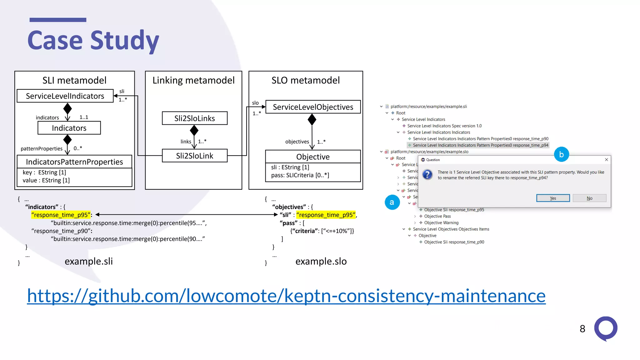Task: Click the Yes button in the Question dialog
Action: (553, 198)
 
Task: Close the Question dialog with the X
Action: (606, 160)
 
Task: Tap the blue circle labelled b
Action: (561, 154)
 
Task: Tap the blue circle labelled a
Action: (392, 202)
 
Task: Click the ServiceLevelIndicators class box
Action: (65, 96)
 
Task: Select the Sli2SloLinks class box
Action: (194, 118)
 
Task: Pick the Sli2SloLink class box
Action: (194, 156)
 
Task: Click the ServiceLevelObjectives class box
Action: (313, 107)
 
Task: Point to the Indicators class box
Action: (69, 128)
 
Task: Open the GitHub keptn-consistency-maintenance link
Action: (286, 296)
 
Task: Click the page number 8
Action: (582, 329)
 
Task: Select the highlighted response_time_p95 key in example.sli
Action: (61, 215)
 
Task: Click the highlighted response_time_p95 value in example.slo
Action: (326, 215)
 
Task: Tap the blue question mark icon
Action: (427, 174)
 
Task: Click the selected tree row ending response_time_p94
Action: (480, 145)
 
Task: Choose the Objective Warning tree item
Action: (441, 223)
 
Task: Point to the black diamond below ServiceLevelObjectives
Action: (312, 119)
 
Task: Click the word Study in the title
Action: (125, 41)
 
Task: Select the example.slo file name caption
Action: (321, 261)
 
